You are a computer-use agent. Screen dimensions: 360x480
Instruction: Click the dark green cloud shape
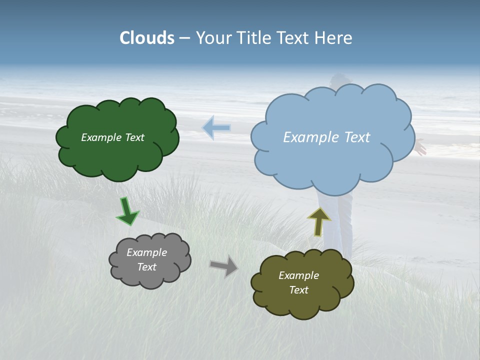point(117,155)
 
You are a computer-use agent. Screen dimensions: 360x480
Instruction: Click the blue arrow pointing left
point(216,127)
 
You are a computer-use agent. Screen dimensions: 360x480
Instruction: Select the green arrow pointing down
point(127,211)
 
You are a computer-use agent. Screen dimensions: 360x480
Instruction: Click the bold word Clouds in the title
point(147,38)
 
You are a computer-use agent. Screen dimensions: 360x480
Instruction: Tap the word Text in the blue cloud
point(357,137)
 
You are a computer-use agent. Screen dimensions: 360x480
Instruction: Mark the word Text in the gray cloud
point(147,267)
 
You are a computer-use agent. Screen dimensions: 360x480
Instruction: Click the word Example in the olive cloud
point(298,275)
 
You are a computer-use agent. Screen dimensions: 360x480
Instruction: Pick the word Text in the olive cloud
point(298,290)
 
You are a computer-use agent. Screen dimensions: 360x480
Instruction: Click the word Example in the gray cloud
point(147,252)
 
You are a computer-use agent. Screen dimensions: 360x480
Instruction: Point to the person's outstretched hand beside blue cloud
point(421,147)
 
